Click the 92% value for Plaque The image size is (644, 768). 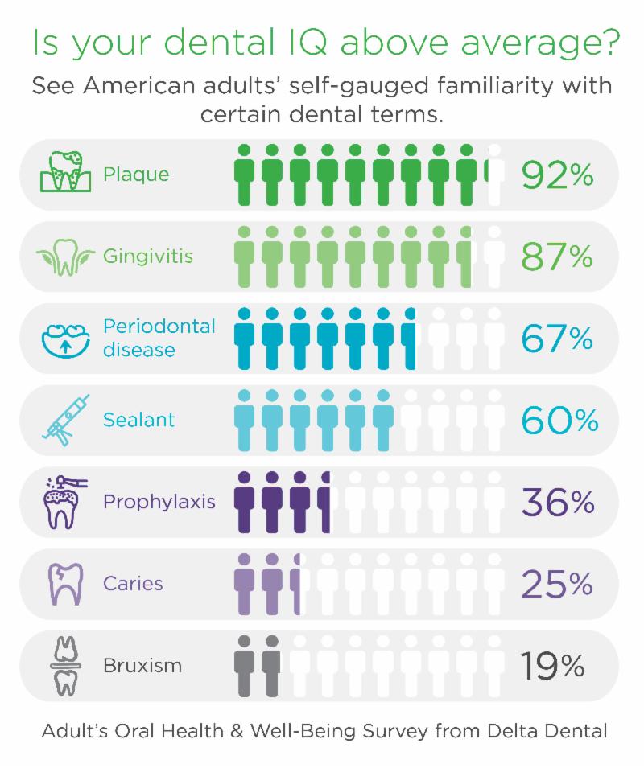click(x=557, y=174)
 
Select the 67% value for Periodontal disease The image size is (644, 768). click(x=557, y=338)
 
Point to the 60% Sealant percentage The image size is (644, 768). click(x=559, y=420)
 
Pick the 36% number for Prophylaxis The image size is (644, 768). click(x=558, y=502)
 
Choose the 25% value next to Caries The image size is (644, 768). click(x=557, y=584)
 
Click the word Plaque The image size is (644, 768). click(x=136, y=175)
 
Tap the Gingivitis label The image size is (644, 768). click(x=148, y=257)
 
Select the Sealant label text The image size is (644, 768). click(x=138, y=420)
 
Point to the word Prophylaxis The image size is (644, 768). click(x=159, y=503)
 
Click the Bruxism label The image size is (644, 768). click(x=142, y=666)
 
